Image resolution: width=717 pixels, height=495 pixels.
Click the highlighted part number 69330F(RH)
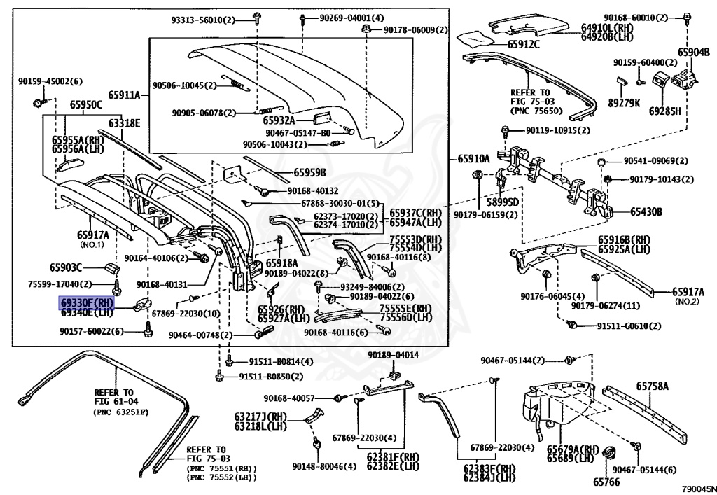click(86, 302)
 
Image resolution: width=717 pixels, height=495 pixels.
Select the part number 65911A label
click(124, 95)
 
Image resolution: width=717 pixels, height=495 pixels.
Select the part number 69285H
click(664, 111)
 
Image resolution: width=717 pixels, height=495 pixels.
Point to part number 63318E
click(124, 123)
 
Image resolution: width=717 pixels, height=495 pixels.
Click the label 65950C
click(85, 105)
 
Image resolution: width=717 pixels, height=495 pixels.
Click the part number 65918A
click(281, 263)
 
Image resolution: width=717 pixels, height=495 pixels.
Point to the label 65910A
click(471, 159)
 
